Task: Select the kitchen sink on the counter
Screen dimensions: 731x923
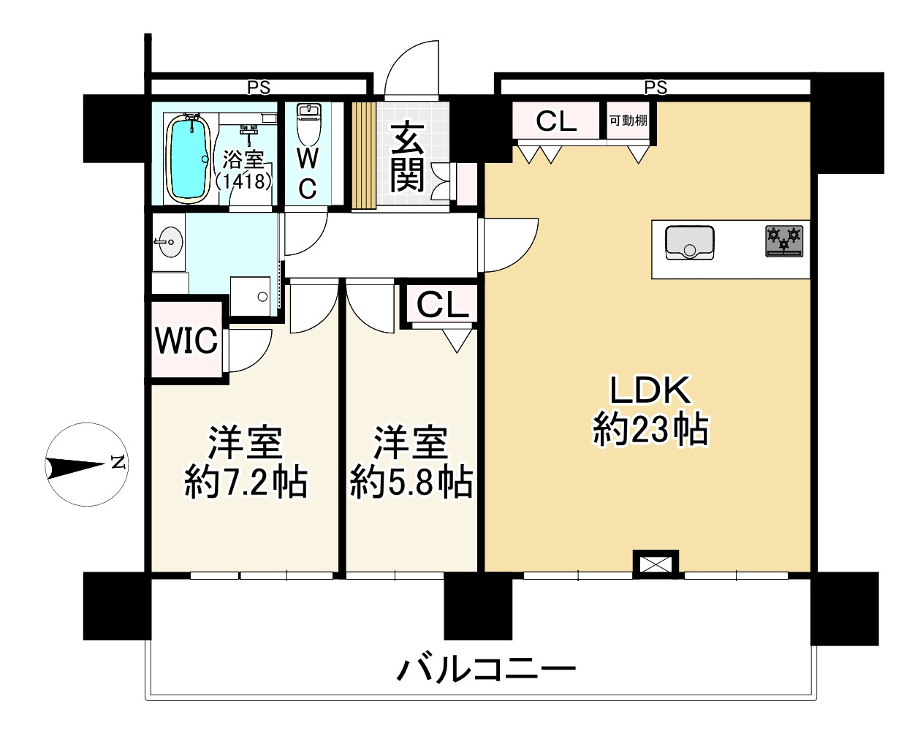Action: (x=689, y=243)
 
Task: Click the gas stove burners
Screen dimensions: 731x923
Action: (x=783, y=240)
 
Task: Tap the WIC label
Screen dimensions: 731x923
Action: (x=186, y=340)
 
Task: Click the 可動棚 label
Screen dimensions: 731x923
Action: (x=628, y=121)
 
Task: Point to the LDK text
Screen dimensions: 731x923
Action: (x=650, y=392)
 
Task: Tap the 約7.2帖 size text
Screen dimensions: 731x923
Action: (x=245, y=482)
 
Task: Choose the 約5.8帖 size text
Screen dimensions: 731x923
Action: (x=410, y=482)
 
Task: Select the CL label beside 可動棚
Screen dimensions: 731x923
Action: (x=556, y=121)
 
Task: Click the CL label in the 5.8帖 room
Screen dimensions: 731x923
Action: (x=442, y=305)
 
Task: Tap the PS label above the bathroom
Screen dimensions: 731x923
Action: (x=258, y=88)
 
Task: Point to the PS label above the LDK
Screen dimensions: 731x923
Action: (x=656, y=88)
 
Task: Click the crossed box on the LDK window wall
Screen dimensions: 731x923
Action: (x=655, y=564)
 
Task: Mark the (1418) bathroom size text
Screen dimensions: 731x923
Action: (x=244, y=181)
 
